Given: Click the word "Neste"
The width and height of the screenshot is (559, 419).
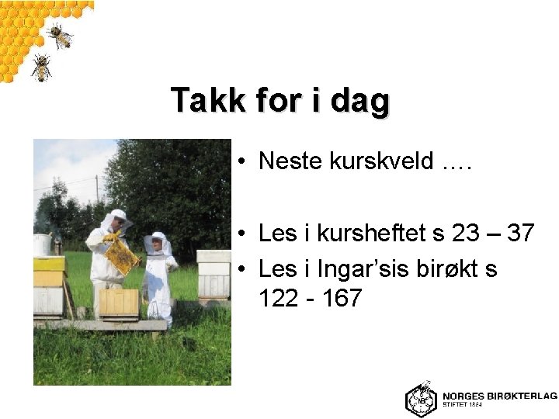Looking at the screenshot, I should (x=290, y=161).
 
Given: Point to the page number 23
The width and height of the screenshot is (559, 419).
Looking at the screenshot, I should (x=465, y=233).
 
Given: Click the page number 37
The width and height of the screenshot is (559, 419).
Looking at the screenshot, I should (x=520, y=233).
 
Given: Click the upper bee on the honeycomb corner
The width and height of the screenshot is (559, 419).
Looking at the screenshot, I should (x=59, y=34).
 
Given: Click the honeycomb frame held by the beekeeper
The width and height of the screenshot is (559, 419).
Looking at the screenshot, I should (x=121, y=256).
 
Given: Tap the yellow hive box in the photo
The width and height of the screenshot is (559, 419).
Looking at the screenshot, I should (x=48, y=271).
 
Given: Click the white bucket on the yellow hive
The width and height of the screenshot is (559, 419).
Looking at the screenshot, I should (x=42, y=245).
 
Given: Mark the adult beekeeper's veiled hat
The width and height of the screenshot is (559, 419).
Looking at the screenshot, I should (x=118, y=216).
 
